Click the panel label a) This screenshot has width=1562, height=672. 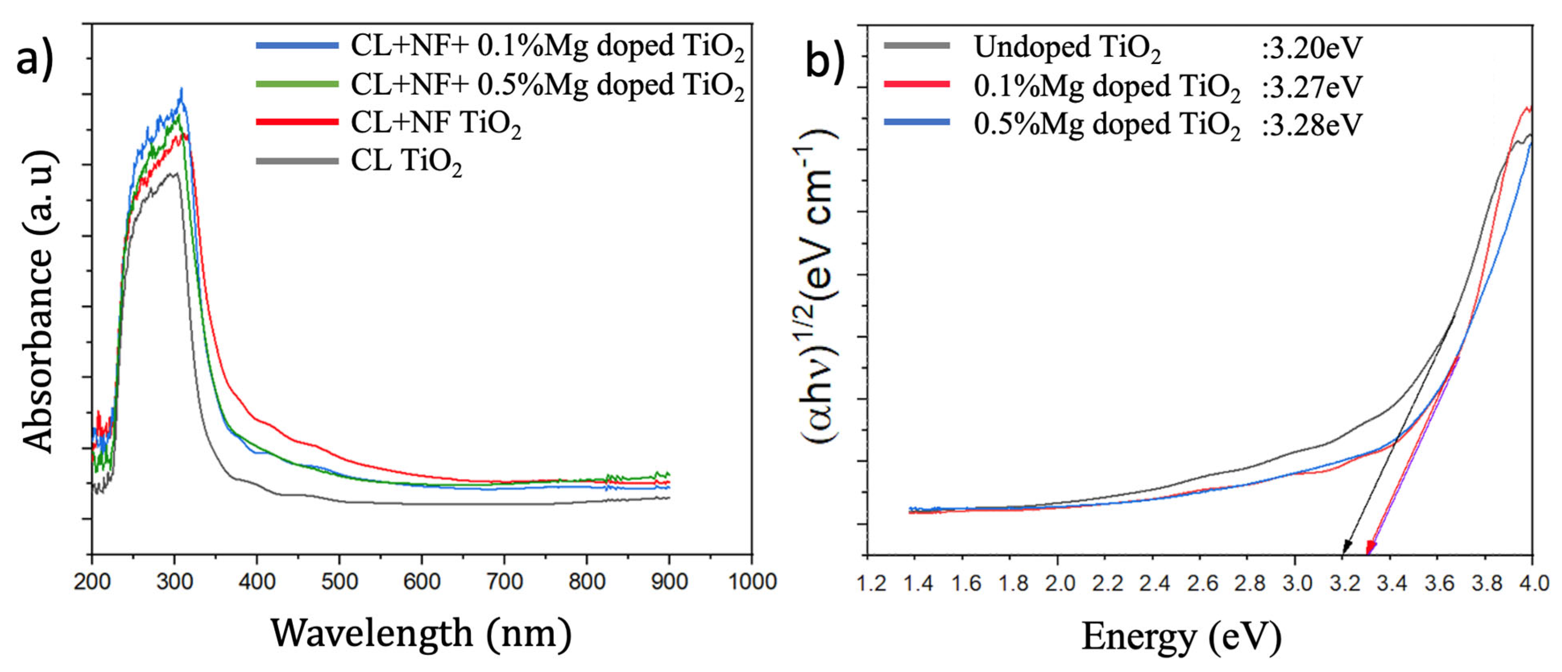pyautogui.click(x=35, y=59)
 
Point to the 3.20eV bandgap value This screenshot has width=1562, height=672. pyautogui.click(x=1311, y=47)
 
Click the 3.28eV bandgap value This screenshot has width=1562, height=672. pyautogui.click(x=1311, y=125)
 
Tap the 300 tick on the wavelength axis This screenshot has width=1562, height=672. pyautogui.click(x=175, y=582)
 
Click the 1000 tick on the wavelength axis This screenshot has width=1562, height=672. pyautogui.click(x=752, y=582)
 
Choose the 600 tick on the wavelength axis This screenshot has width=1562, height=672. pyautogui.click(x=422, y=582)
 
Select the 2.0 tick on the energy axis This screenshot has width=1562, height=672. pyautogui.click(x=1059, y=583)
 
